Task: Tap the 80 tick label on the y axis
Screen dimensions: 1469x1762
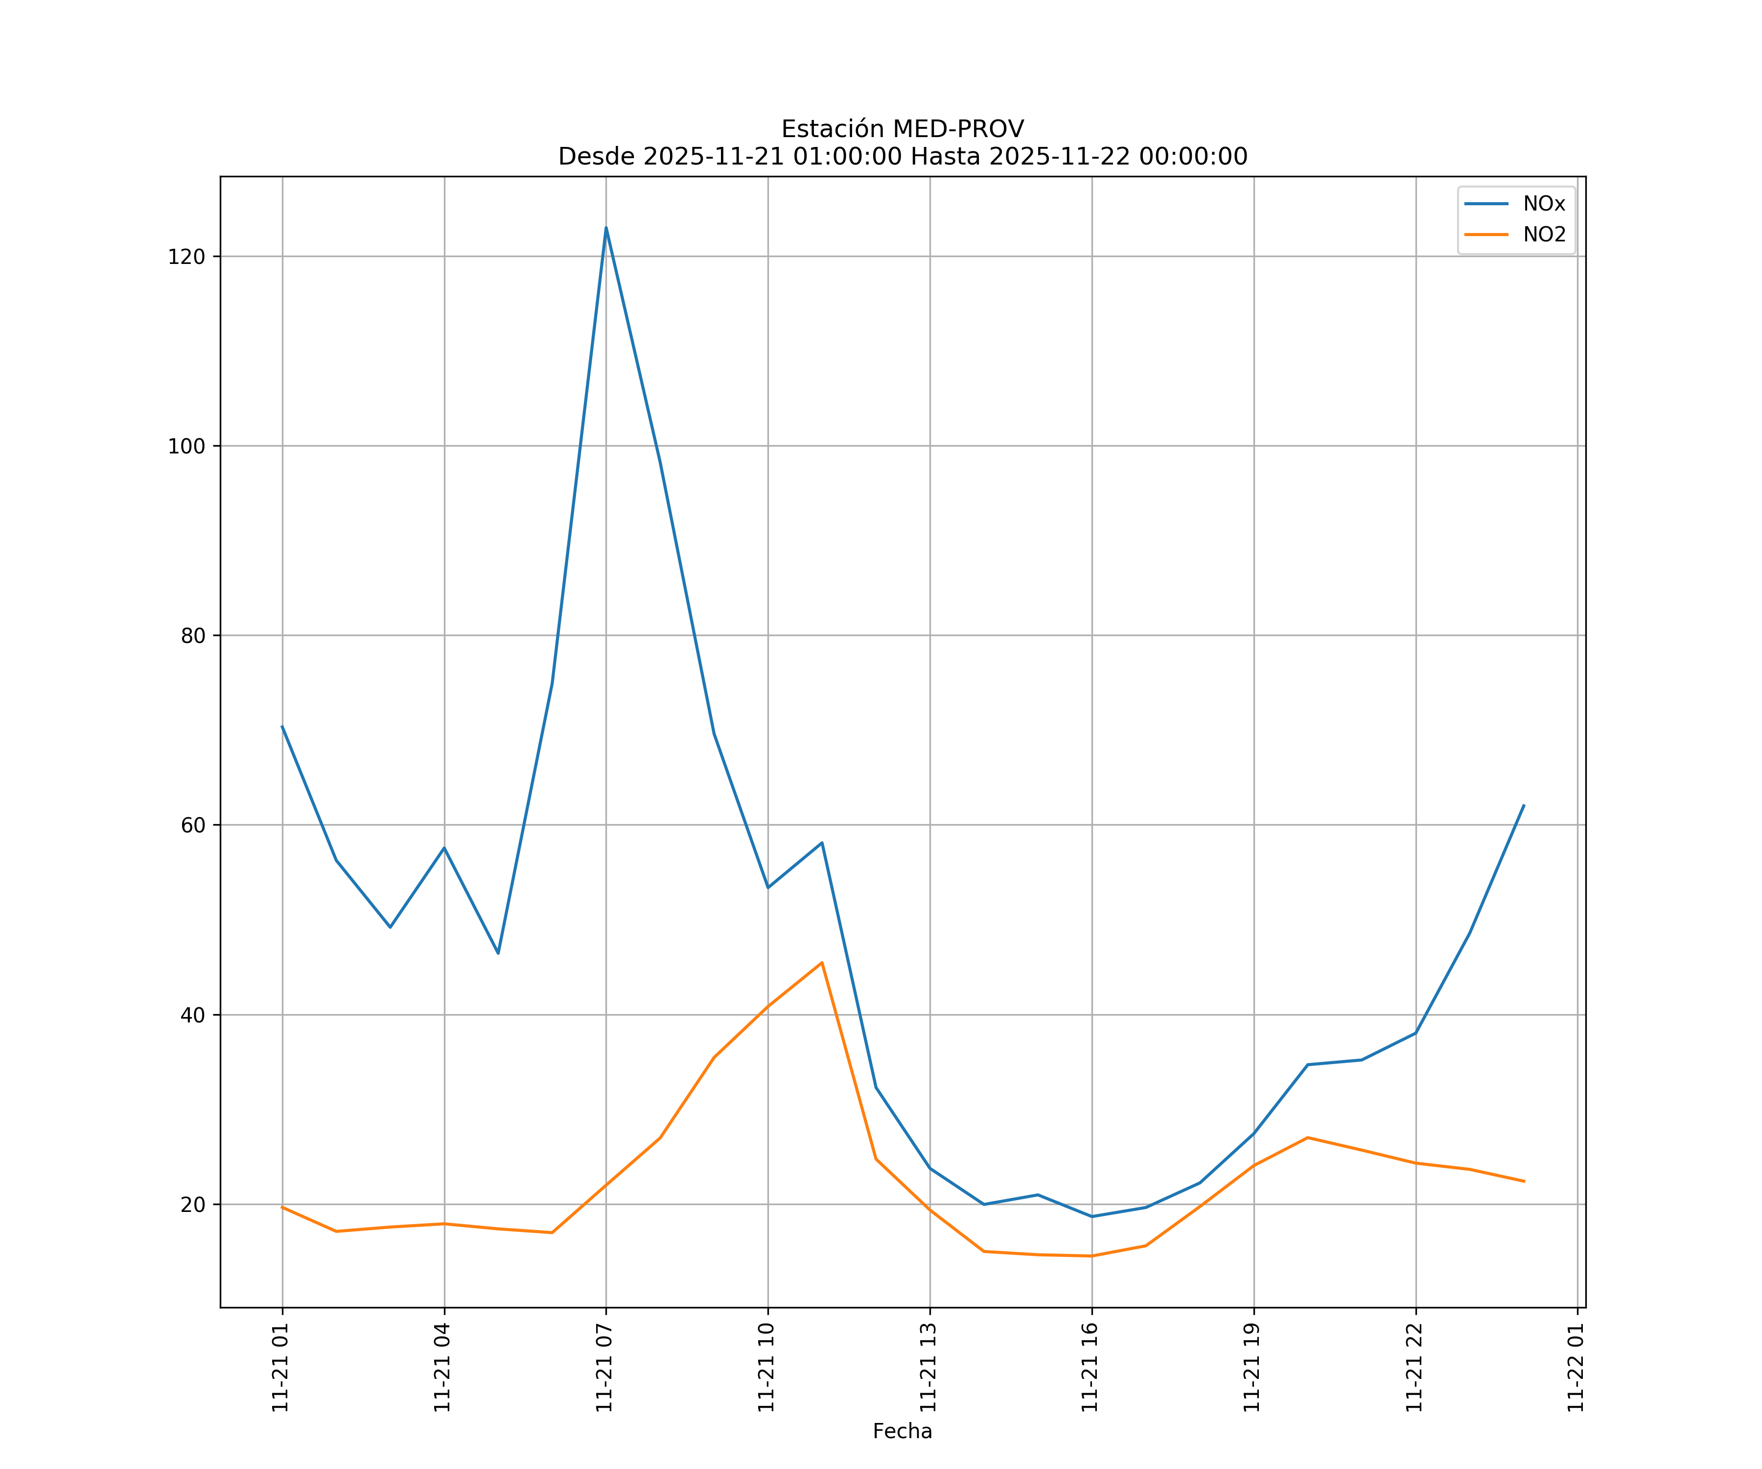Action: [193, 636]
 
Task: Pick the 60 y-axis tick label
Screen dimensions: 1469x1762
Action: [193, 825]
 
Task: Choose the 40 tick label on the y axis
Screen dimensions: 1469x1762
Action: [193, 1015]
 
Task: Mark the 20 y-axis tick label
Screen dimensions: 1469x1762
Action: [193, 1205]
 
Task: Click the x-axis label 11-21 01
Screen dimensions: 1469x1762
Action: [281, 1368]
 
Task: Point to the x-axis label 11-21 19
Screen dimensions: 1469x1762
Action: [1252, 1368]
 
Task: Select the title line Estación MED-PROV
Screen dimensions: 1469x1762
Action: [902, 129]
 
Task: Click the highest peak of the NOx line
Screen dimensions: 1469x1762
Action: [606, 228]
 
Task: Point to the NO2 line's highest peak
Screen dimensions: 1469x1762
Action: [821, 963]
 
